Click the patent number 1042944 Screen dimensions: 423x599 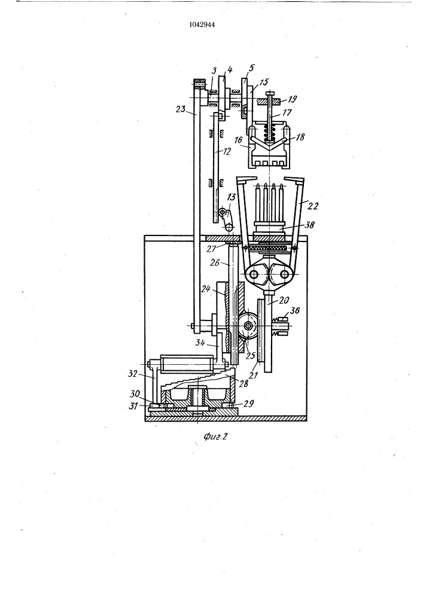(202, 25)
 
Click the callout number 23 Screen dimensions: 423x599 (181, 109)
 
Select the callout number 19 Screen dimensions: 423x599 (292, 99)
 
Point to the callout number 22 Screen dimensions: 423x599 (313, 206)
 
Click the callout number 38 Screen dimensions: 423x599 (309, 225)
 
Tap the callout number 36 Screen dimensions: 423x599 (294, 310)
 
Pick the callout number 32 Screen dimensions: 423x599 (133, 374)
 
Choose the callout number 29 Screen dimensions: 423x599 (248, 403)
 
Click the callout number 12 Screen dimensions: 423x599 (227, 152)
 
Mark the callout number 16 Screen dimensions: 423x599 (238, 141)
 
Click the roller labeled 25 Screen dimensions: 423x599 (248, 325)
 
